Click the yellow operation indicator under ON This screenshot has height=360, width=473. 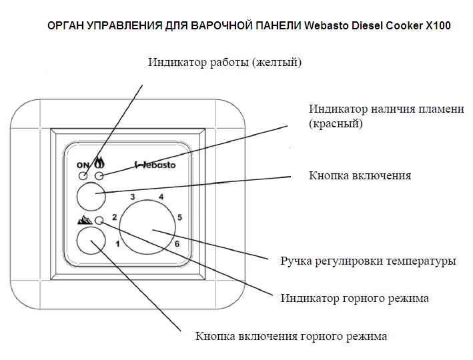(83, 175)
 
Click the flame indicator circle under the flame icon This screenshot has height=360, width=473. (99, 175)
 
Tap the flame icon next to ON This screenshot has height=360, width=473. (99, 163)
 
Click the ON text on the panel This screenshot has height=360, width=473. (83, 165)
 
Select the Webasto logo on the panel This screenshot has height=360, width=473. (155, 165)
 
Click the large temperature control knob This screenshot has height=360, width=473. (147, 227)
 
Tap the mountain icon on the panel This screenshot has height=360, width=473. (85, 220)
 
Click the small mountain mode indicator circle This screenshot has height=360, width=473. (99, 221)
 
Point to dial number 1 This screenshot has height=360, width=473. (117, 243)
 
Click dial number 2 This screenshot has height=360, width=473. (114, 217)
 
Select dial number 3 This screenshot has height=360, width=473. (133, 197)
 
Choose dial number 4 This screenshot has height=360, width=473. (161, 197)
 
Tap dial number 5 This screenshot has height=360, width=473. (179, 217)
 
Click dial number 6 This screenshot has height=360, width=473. (177, 243)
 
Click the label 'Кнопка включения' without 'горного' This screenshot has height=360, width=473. (360, 175)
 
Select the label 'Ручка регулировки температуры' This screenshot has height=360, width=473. (368, 261)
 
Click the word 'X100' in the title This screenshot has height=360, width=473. (438, 25)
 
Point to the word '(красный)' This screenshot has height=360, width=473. (336, 123)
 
